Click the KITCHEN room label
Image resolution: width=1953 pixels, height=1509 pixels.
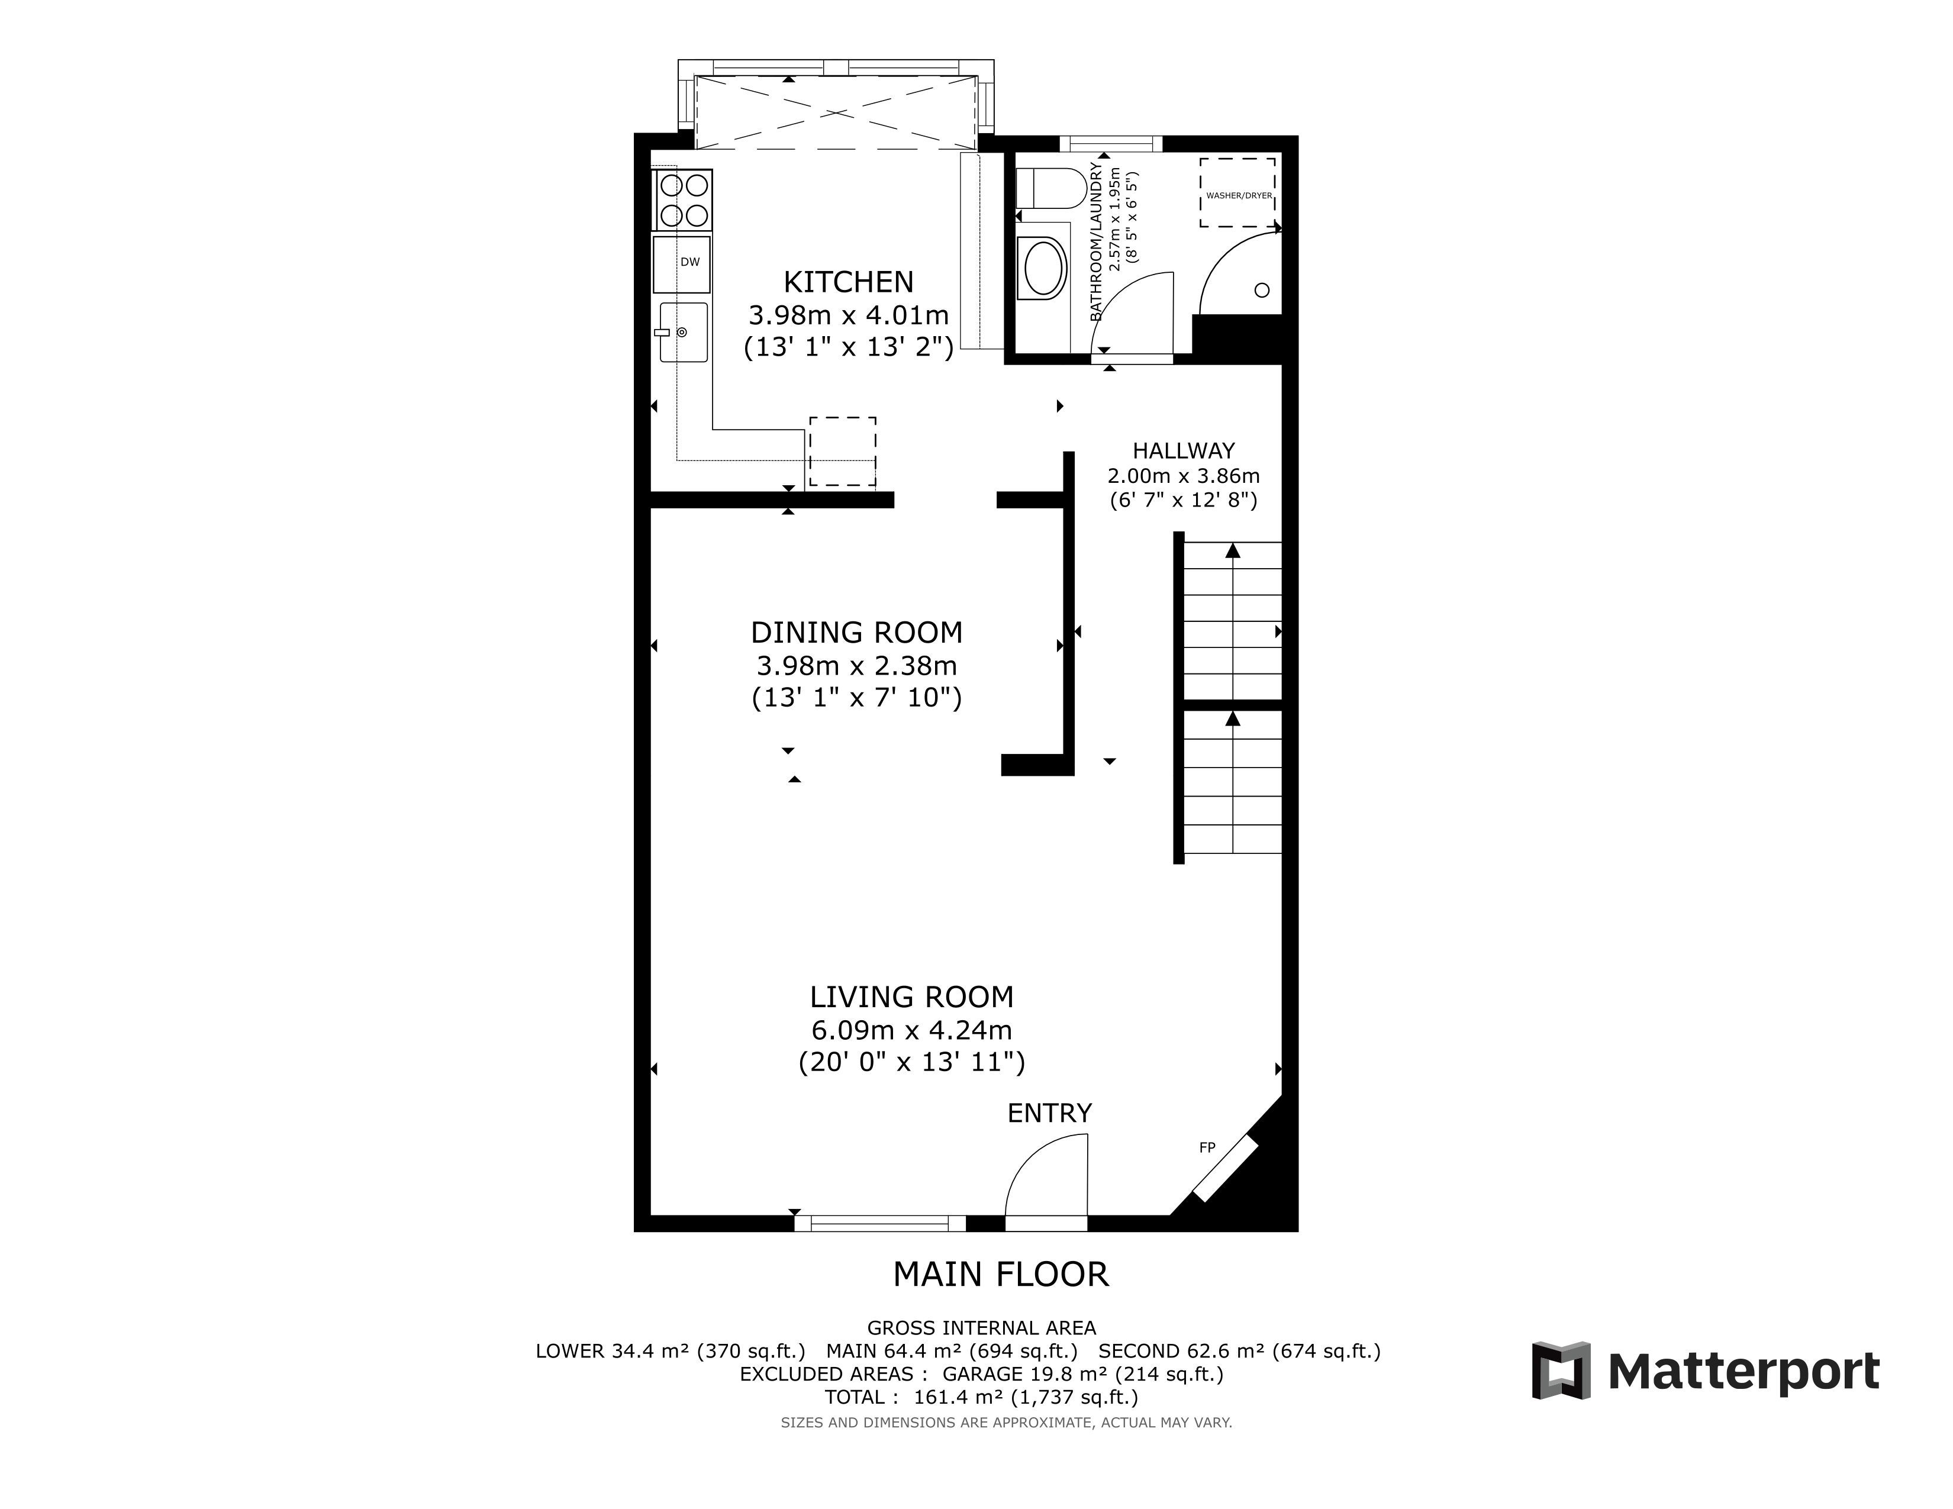click(x=849, y=282)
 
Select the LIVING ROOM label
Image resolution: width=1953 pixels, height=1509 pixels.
click(x=911, y=997)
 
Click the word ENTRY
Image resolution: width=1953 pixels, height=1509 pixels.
click(x=1050, y=1113)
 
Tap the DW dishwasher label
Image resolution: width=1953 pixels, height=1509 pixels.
click(x=689, y=262)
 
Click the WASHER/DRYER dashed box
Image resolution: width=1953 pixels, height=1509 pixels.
click(x=1237, y=192)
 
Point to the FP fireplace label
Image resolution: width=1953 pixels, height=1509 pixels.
click(x=1207, y=1148)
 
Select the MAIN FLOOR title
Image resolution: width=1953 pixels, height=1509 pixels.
click(x=1001, y=1274)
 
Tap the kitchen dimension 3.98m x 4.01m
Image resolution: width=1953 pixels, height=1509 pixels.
click(x=849, y=315)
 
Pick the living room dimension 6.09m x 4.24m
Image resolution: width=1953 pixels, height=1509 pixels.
click(x=911, y=1031)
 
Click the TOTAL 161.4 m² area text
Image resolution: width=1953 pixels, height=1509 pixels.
click(x=981, y=1397)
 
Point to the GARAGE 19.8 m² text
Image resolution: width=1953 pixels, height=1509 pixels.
click(x=1082, y=1374)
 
